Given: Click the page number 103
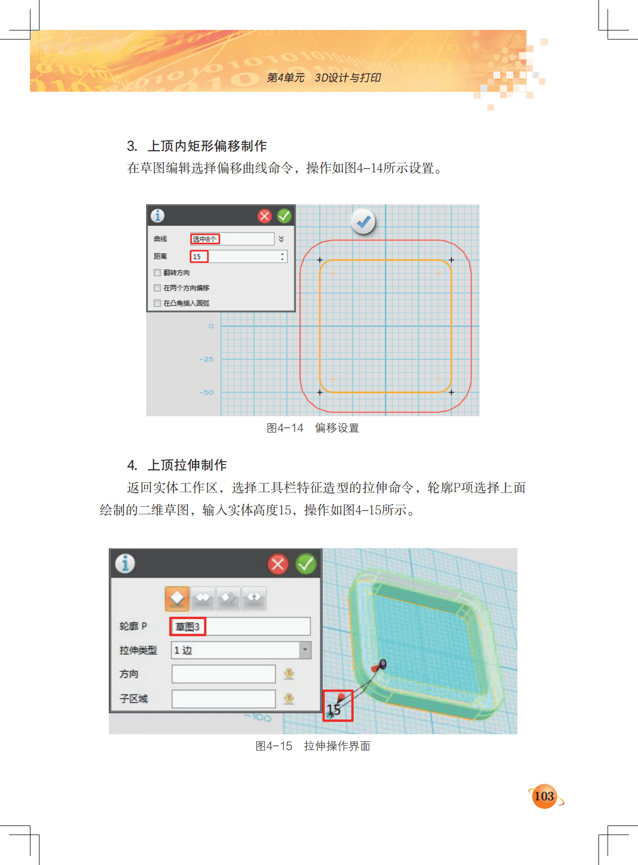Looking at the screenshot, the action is (x=544, y=796).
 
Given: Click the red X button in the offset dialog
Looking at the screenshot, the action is (x=265, y=216).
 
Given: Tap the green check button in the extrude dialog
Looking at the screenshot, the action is (x=305, y=564).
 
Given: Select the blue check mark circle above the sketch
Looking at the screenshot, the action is (x=363, y=222).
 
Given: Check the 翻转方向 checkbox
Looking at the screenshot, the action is (x=157, y=272).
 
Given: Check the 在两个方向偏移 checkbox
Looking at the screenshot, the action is (x=157, y=288).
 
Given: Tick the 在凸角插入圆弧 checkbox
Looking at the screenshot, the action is (x=157, y=303).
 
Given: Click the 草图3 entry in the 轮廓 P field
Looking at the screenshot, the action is (x=188, y=626).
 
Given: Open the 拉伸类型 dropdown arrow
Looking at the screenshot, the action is (x=305, y=650).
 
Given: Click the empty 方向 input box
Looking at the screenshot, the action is (x=224, y=673).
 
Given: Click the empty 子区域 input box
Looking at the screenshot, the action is (x=224, y=699).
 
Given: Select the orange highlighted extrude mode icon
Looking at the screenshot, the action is (x=177, y=598).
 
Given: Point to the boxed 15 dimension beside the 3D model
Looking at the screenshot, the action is (x=338, y=705).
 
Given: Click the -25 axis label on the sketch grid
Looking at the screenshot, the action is (x=206, y=359).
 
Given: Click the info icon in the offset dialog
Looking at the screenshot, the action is (x=157, y=216).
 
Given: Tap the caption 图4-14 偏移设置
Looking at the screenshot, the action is (x=313, y=428).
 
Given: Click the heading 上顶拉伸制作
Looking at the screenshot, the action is (x=187, y=465).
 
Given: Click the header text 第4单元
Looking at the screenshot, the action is (x=285, y=77).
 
